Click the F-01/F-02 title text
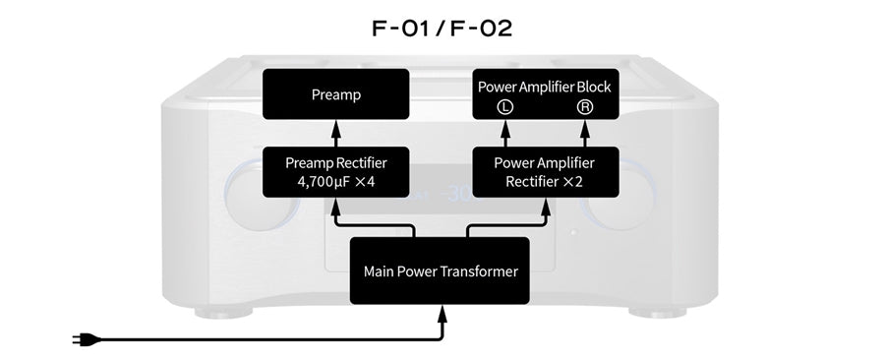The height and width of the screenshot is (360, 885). pos(442,27)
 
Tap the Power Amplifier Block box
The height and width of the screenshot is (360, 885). pos(544,96)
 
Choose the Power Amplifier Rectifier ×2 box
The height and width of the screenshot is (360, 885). pos(544,171)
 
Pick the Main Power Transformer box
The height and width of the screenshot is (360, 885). pos(440,270)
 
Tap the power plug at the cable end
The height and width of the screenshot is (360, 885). pos(80,340)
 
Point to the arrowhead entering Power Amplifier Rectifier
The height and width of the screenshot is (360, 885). pos(544,204)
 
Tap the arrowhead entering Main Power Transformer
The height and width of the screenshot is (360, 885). pos(442,313)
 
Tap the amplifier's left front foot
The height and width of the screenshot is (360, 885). pos(223,313)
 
